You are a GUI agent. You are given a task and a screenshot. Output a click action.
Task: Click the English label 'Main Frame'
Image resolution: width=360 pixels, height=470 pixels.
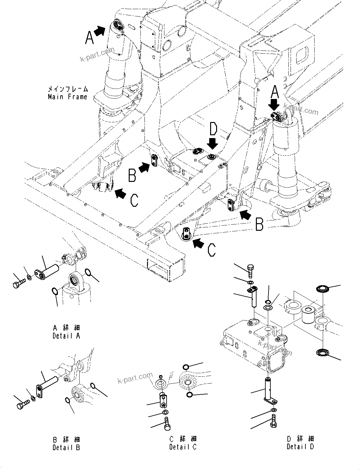pyautogui.click(x=67, y=97)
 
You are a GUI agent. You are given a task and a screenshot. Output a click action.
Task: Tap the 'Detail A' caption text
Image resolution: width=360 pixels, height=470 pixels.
pyautogui.click(x=66, y=336)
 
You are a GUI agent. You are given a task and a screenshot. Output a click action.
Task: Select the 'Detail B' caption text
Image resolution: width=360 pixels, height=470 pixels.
pyautogui.click(x=66, y=447)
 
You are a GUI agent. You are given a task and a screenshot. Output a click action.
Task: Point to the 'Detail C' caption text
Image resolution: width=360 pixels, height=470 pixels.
pyautogui.click(x=183, y=447)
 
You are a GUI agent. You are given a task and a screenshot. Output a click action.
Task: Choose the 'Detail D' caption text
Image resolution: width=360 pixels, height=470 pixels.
pyautogui.click(x=300, y=446)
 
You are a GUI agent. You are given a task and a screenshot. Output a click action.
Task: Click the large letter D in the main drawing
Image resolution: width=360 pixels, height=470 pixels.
pyautogui.click(x=213, y=130)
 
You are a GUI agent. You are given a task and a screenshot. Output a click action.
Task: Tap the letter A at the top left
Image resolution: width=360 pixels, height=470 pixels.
pyautogui.click(x=90, y=38)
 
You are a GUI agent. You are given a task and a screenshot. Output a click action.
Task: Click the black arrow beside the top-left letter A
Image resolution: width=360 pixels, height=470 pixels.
pyautogui.click(x=100, y=31)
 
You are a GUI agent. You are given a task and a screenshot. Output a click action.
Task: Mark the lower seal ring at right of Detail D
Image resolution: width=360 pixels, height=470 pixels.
pyautogui.click(x=322, y=353)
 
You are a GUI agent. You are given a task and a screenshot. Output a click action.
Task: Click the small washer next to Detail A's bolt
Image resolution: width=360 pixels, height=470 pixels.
pyautogui.click(x=29, y=277)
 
